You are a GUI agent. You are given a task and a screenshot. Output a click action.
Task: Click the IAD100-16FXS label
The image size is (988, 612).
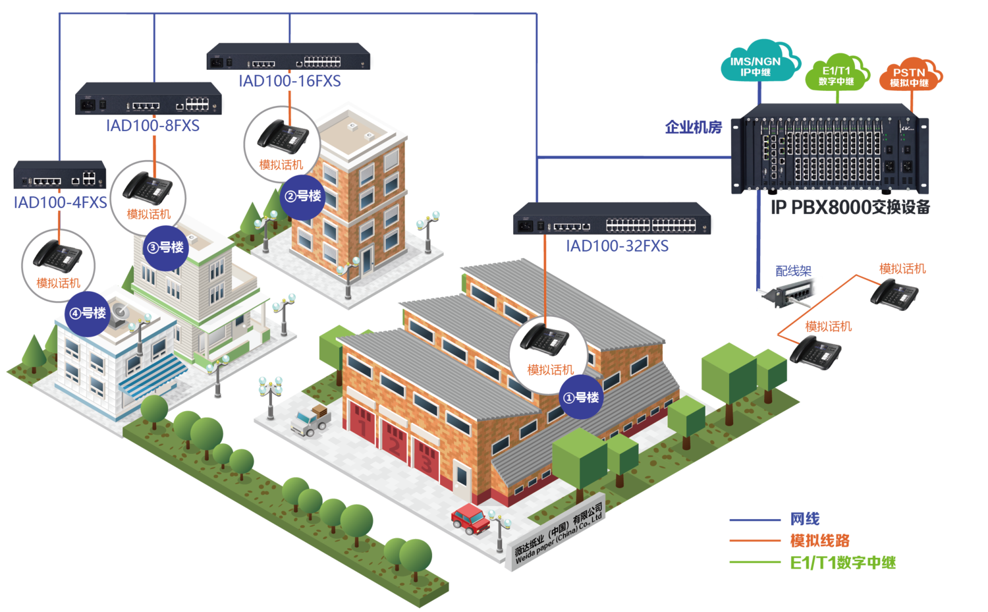(290, 81)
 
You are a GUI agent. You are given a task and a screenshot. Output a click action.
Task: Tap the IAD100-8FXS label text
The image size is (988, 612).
(152, 126)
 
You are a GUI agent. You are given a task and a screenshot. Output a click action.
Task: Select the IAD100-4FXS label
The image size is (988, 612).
(60, 202)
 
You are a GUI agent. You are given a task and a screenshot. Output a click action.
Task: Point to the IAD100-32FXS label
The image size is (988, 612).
(617, 246)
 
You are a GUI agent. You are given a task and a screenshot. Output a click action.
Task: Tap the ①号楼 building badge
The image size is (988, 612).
(580, 397)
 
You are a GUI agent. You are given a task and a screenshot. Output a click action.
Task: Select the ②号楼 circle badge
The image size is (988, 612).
(303, 196)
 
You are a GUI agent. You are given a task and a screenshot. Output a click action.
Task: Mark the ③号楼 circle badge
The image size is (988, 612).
(165, 248)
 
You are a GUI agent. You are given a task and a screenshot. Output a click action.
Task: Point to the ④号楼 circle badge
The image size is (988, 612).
(88, 313)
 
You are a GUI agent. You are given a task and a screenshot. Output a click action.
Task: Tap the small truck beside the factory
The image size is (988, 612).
(311, 420)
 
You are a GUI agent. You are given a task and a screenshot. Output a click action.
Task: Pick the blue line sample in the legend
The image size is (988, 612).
(755, 520)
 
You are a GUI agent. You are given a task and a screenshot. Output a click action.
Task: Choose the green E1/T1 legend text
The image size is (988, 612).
(842, 563)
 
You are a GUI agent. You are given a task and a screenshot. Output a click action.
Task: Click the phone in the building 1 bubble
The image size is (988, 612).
(545, 339)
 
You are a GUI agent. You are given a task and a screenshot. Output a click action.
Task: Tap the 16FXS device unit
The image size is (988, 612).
(290, 57)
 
